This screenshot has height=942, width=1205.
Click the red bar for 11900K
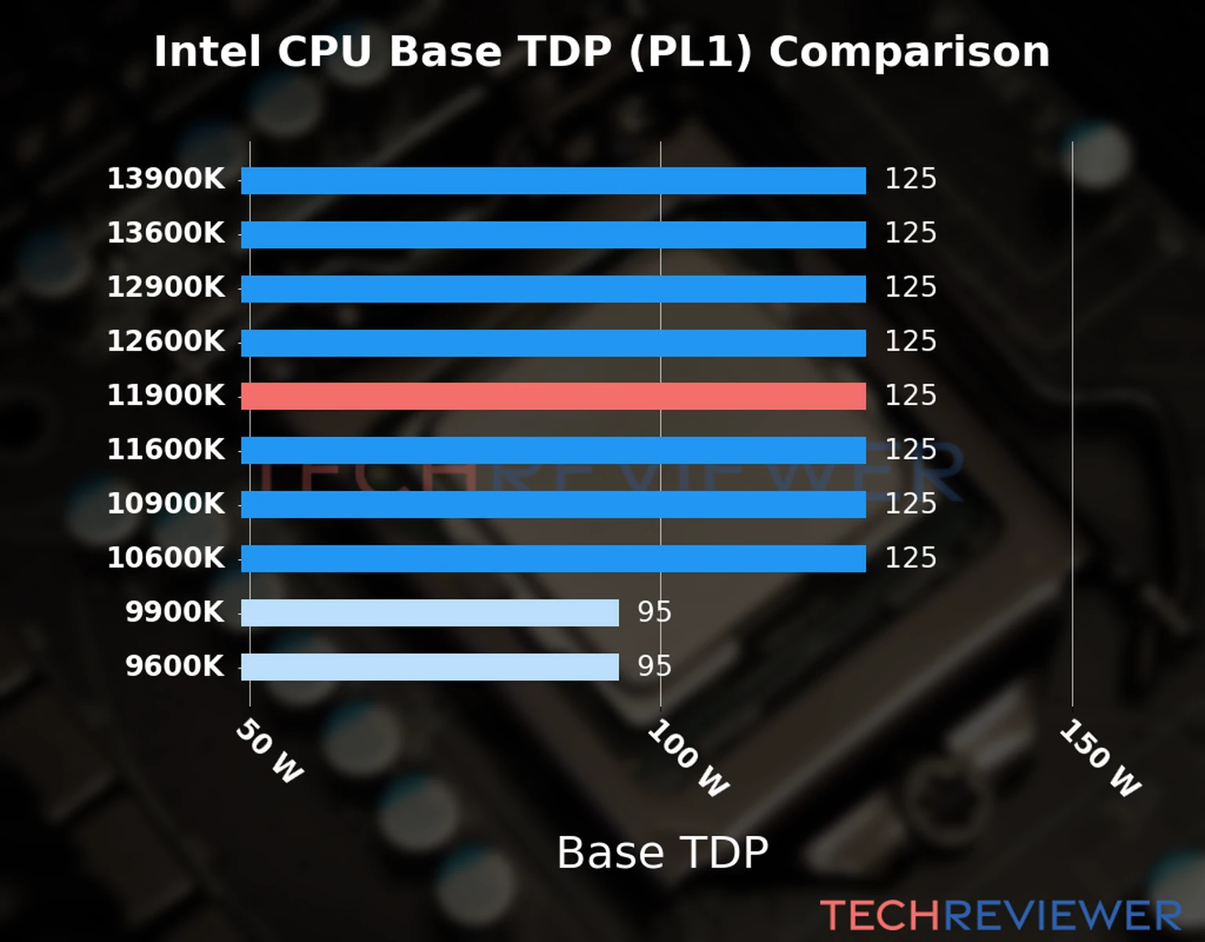pyautogui.click(x=553, y=396)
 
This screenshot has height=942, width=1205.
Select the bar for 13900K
pyautogui.click(x=553, y=181)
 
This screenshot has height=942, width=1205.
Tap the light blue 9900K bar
pyautogui.click(x=430, y=612)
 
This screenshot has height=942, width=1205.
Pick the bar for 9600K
pyautogui.click(x=430, y=666)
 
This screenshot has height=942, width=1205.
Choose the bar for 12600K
pyautogui.click(x=553, y=343)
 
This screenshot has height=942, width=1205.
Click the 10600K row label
pyautogui.click(x=166, y=558)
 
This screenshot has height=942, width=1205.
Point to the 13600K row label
pyautogui.click(x=166, y=233)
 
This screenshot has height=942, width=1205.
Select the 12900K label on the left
pyautogui.click(x=166, y=287)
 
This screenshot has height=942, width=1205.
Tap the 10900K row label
pyautogui.click(x=166, y=504)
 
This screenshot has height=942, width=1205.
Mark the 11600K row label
pyautogui.click(x=166, y=450)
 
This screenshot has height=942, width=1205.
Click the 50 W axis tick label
pyautogui.click(x=269, y=752)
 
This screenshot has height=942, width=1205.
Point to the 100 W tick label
pyautogui.click(x=688, y=758)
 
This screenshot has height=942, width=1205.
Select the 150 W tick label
pyautogui.click(x=1100, y=758)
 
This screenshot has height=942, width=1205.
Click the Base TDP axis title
pyautogui.click(x=662, y=853)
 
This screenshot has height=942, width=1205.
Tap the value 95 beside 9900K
pyautogui.click(x=654, y=612)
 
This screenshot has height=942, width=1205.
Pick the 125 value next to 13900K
pyautogui.click(x=910, y=179)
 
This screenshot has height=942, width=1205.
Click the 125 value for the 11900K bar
pyautogui.click(x=910, y=396)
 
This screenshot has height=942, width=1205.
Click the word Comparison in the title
pyautogui.click(x=908, y=53)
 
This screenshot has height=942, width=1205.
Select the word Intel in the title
pyautogui.click(x=207, y=53)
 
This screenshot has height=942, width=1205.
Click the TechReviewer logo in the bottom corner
pyautogui.click(x=1000, y=915)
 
